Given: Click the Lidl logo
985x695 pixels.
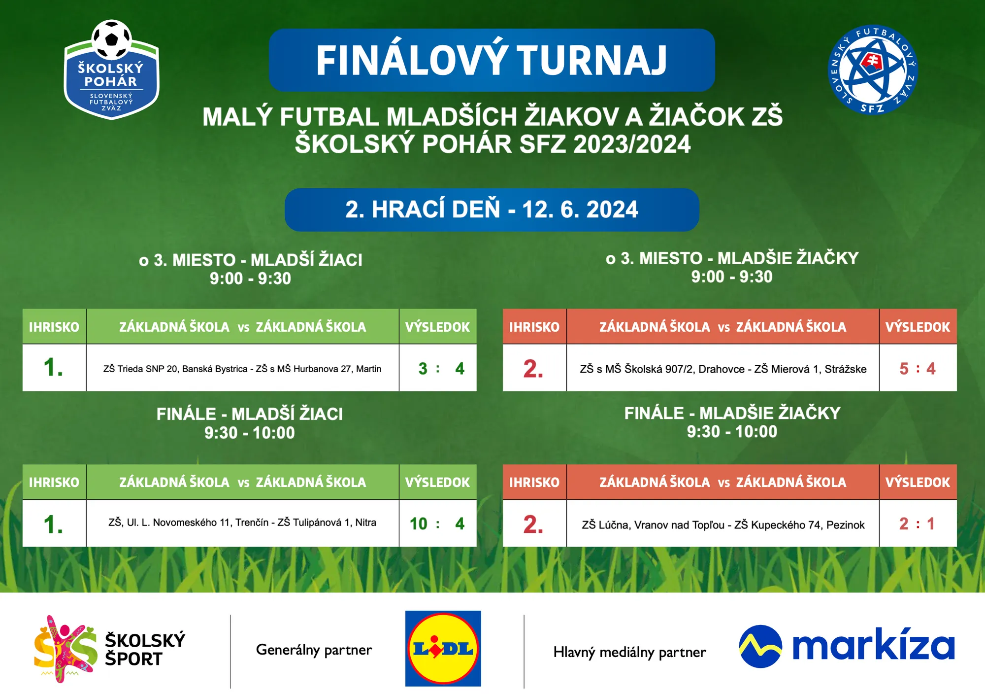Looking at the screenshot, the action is coord(443,648).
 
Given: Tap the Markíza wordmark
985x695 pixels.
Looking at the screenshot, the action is coord(873,645).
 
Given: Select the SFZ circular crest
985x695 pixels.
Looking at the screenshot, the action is coord(873,69).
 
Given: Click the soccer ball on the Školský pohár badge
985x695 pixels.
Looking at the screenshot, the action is coord(112,39).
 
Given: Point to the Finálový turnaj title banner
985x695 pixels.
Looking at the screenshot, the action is coord(492,60).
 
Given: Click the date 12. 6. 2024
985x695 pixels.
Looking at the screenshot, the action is coord(580,209).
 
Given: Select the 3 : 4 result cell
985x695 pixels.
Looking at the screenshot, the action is coord(438,368).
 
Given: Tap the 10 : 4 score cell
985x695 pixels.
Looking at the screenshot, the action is coord(438,523).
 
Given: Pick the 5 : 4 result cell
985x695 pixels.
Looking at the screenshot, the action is coord(918,368).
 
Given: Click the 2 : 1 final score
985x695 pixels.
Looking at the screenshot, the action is coord(918,523).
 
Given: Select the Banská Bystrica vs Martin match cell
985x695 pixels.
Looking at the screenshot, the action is coord(242,368).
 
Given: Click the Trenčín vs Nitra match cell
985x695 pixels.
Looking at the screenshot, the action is coord(242,523).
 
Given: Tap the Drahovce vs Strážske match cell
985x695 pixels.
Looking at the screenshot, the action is coord(723,368).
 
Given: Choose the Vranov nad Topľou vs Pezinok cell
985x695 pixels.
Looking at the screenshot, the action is coord(723,523).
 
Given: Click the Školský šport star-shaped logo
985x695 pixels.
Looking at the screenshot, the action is coord(65,649).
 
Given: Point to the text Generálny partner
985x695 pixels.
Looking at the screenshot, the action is coord(314,650).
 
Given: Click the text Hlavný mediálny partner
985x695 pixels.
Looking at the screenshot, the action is coord(629,652).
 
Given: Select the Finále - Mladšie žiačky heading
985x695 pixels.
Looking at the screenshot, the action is coord(732,413).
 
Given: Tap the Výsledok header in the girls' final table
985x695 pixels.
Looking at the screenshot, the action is coord(918,482).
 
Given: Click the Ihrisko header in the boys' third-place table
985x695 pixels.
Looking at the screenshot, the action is coord(54,326).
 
